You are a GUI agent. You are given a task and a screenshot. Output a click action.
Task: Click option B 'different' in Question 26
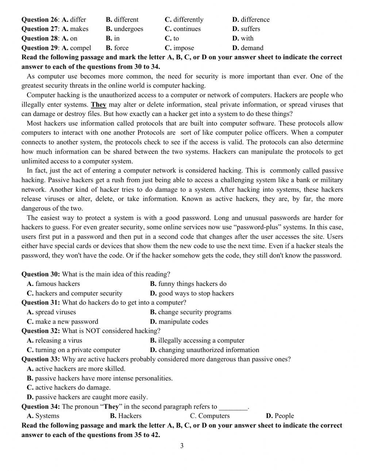coord(122,20)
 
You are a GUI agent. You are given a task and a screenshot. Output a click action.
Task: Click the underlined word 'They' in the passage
coord(99,105)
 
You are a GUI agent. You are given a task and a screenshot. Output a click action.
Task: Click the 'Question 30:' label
coord(41,274)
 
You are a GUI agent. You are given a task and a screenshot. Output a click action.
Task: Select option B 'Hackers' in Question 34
coord(126,416)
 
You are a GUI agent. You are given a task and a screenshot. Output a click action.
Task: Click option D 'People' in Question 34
coord(280,416)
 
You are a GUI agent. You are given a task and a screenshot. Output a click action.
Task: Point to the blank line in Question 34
coord(233,408)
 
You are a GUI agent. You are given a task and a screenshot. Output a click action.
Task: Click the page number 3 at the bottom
coord(182,445)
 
